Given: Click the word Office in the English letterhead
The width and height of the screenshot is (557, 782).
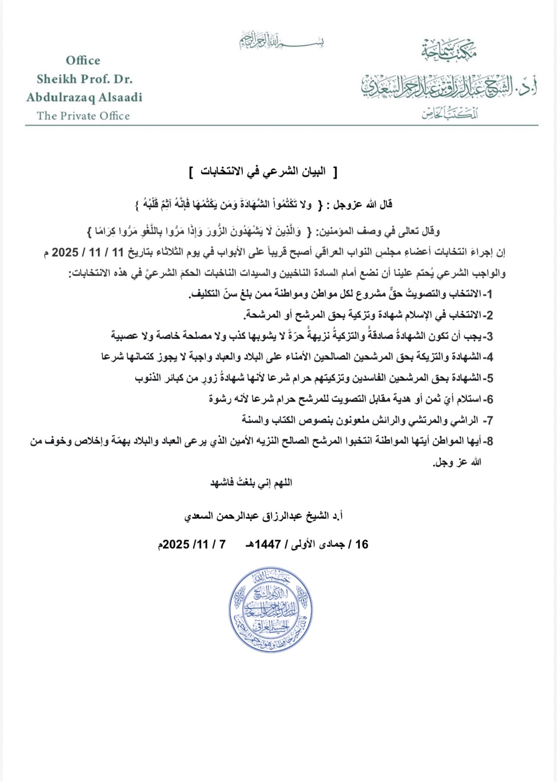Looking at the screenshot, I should (83, 60).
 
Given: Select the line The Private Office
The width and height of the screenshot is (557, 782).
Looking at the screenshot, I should (83, 116).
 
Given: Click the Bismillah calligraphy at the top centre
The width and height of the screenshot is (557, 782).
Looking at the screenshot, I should (282, 41).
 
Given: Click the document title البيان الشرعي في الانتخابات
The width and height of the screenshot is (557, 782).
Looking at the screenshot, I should (263, 172).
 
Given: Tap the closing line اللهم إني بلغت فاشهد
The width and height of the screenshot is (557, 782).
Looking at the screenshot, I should (251, 483).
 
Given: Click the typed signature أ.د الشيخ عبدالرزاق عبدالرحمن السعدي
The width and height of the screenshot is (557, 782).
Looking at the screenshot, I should (263, 516).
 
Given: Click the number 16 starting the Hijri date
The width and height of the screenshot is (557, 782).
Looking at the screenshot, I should (361, 544).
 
